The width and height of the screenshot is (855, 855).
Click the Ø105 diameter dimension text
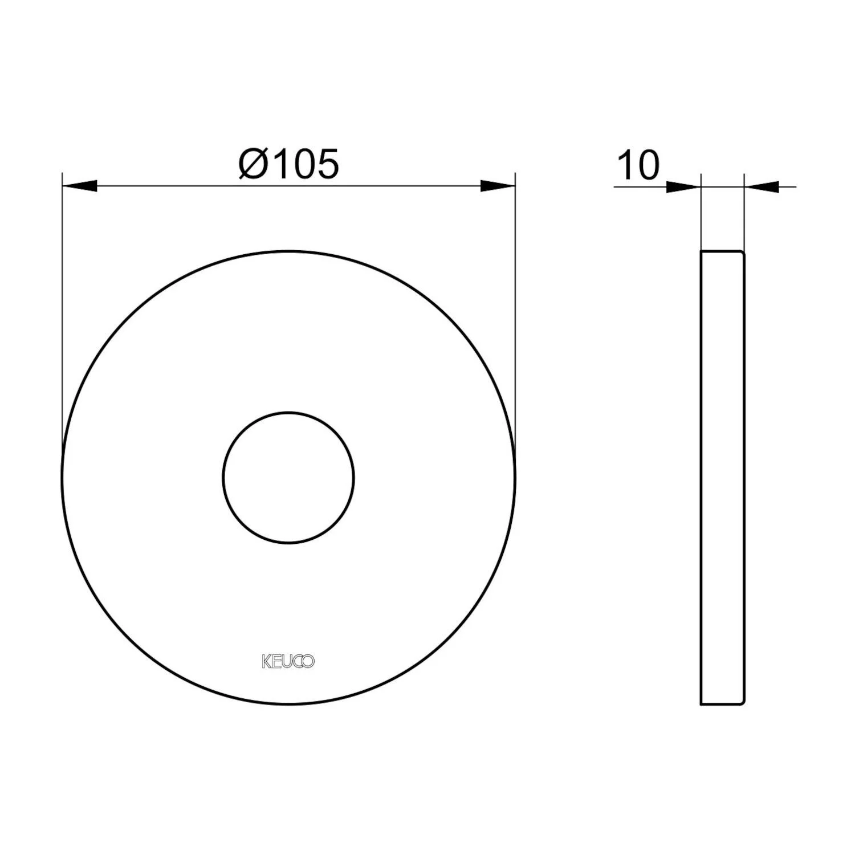(x=289, y=164)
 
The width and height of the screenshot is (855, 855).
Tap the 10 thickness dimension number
(x=638, y=165)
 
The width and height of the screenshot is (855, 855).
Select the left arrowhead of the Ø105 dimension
(x=79, y=186)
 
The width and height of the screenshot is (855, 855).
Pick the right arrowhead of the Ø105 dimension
(x=498, y=186)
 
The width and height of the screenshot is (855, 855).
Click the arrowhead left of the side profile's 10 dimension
(x=683, y=186)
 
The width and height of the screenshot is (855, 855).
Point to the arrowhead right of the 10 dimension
(x=762, y=186)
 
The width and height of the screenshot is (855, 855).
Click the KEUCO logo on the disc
(x=288, y=662)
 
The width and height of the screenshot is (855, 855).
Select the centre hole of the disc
(x=288, y=478)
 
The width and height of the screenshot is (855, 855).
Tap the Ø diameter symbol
(x=251, y=164)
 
